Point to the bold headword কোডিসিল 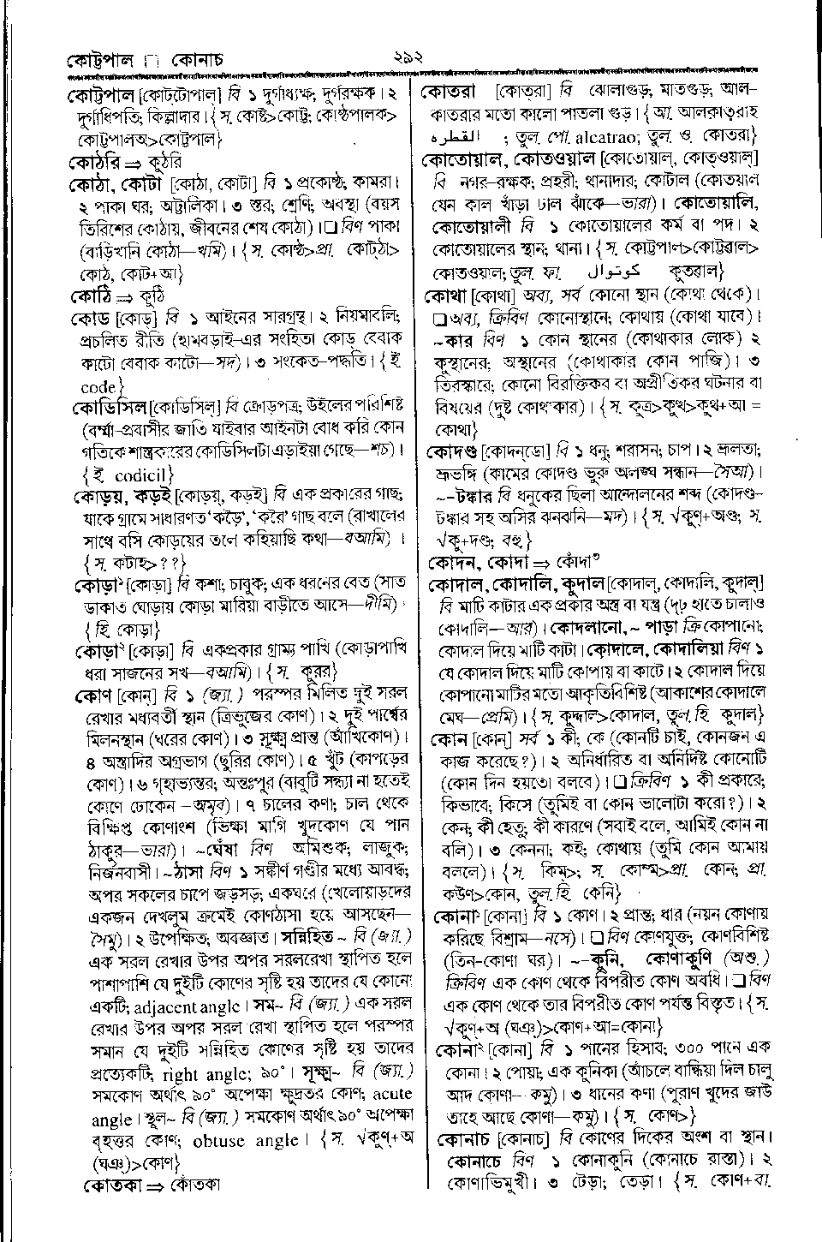coord(110,405)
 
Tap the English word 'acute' coord(392,1094)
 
